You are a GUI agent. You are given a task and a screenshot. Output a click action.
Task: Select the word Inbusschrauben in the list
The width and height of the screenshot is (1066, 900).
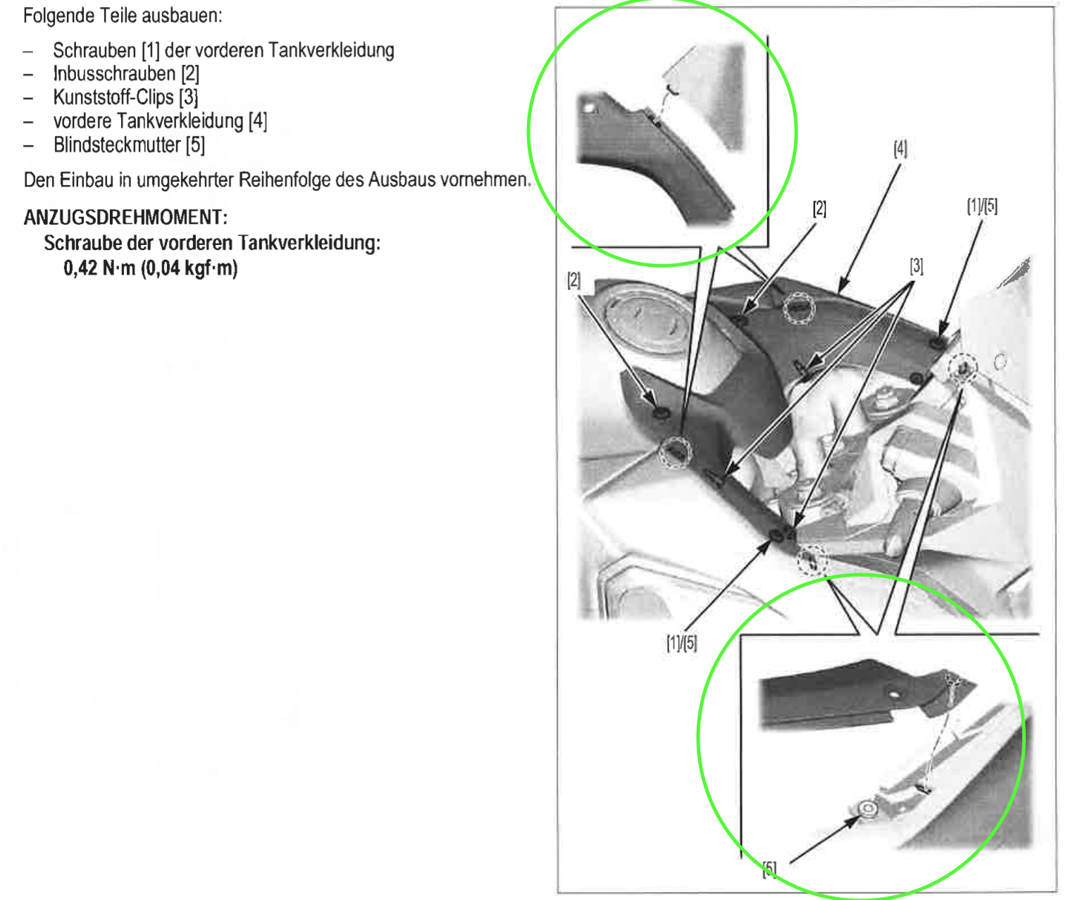[x=114, y=74]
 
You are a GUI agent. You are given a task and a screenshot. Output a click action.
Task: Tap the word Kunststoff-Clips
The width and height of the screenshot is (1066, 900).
[x=113, y=97]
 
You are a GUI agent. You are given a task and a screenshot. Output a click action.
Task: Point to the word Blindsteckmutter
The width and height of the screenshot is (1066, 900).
[x=117, y=145]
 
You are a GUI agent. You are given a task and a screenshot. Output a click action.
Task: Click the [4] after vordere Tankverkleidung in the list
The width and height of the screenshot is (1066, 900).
[x=258, y=121]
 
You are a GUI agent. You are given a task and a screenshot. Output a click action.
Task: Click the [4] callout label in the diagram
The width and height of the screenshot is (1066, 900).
[x=900, y=149]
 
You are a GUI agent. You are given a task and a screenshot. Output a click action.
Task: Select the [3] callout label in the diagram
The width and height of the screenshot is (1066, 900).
[x=917, y=265]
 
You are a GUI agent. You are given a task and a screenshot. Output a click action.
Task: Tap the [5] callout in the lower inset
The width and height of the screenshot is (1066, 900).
[x=769, y=868]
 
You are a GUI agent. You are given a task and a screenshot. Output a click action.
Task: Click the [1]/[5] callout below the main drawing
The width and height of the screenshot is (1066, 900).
[x=681, y=643]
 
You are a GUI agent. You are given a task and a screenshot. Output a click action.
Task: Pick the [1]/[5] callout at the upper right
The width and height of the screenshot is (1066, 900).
[x=982, y=206]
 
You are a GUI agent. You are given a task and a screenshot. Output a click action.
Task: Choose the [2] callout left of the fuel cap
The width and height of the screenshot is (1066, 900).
[x=574, y=280]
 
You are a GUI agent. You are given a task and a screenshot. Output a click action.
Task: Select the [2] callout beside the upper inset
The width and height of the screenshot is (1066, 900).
[x=819, y=208]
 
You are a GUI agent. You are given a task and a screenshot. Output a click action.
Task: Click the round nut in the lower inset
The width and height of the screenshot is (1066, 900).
[x=868, y=808]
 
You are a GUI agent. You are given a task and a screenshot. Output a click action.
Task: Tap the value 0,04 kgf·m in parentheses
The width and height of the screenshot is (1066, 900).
[x=190, y=268]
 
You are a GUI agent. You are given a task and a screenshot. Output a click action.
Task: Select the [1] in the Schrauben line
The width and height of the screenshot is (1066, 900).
[x=151, y=51]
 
